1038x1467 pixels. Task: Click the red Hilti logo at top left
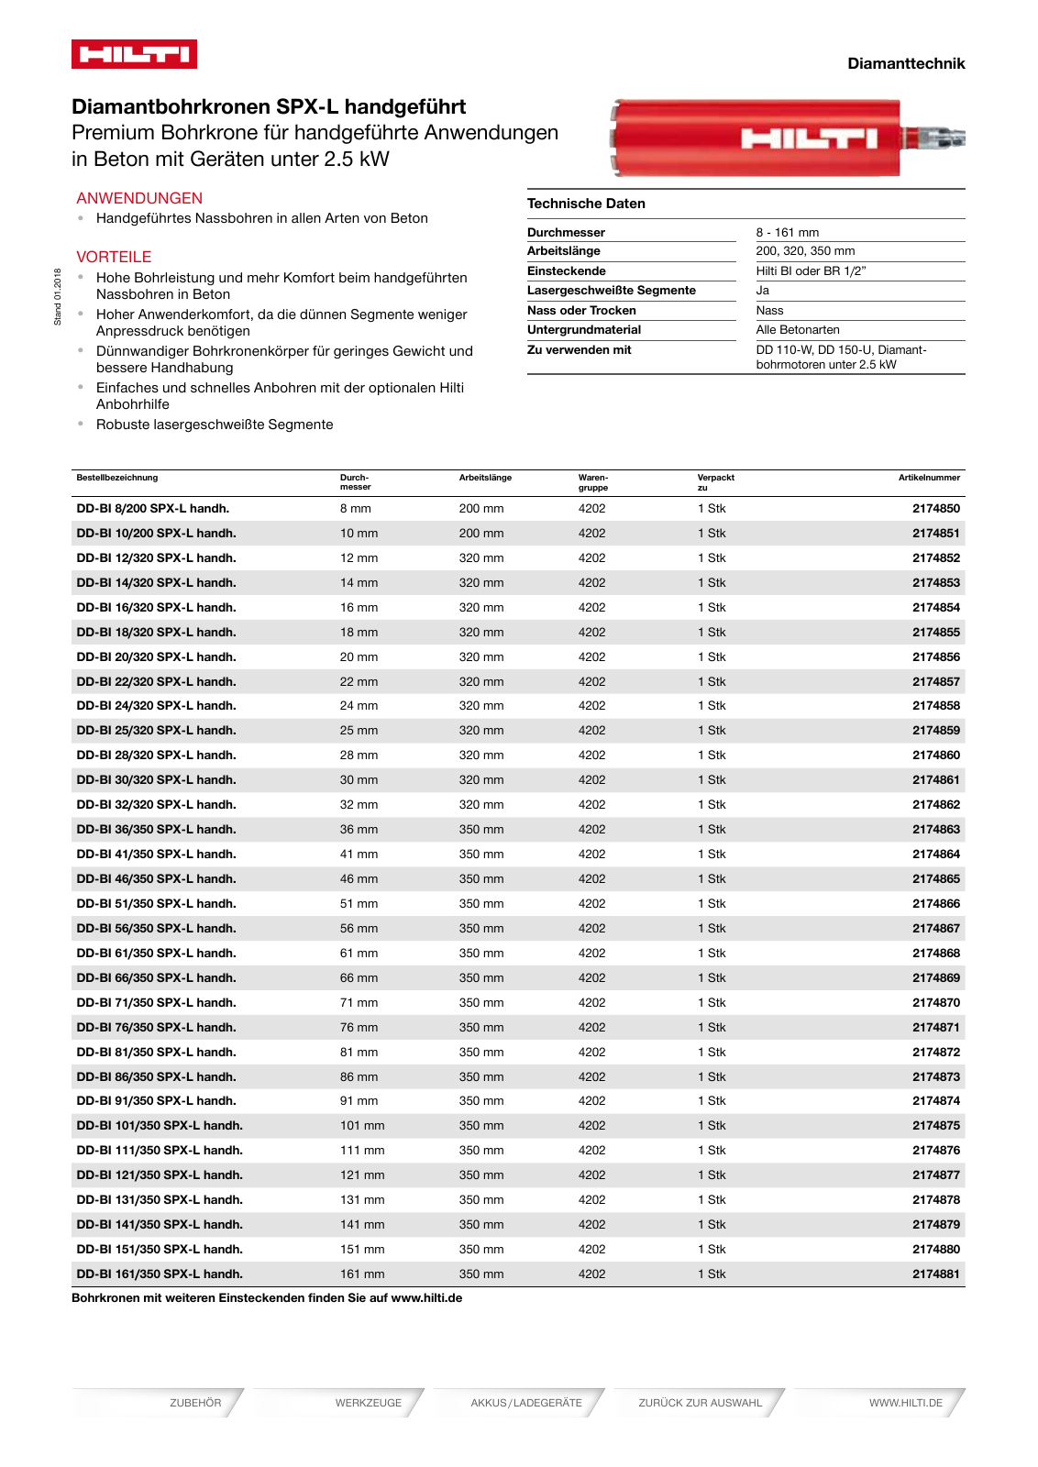point(134,54)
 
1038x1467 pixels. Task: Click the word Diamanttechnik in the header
point(905,63)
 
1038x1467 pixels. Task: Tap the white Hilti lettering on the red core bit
point(809,138)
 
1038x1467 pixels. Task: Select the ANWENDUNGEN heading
point(139,198)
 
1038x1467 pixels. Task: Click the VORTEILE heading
point(114,257)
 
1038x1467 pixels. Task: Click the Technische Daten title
point(586,204)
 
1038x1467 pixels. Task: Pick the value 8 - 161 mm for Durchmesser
point(787,232)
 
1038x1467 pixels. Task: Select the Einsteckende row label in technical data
point(566,270)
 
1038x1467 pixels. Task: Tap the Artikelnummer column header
point(929,478)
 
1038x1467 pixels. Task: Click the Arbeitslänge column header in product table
point(485,478)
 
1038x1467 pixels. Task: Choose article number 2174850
point(935,508)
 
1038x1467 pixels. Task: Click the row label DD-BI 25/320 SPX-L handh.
point(156,730)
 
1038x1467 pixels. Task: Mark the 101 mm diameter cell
point(362,1125)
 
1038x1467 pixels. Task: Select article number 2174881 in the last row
point(935,1274)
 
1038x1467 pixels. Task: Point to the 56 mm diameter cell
point(359,928)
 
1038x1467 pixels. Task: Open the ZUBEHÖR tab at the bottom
point(195,1403)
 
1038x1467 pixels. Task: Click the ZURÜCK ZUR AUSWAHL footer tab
point(700,1403)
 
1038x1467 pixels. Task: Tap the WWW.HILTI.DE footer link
point(905,1403)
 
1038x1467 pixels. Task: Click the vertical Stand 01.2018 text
point(58,296)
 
